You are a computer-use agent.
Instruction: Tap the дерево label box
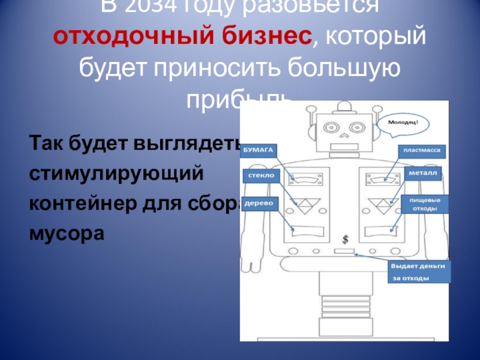tap(259, 203)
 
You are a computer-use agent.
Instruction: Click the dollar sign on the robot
tap(345, 239)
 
